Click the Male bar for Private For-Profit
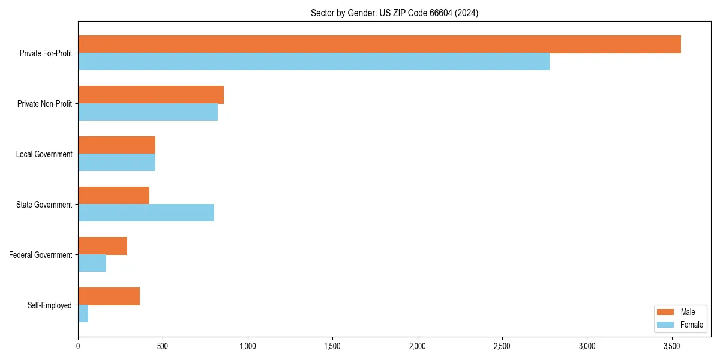(379, 44)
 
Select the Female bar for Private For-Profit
(314, 62)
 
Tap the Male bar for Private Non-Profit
(151, 95)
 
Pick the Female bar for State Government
(146, 213)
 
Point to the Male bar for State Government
(113, 196)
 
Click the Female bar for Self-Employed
(83, 314)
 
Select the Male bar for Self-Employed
(109, 296)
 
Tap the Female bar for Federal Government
(92, 263)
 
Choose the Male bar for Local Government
(116, 145)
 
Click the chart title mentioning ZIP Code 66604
(394, 13)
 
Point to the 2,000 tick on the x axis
(417, 346)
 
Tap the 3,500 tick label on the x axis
(671, 346)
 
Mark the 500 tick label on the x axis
(163, 346)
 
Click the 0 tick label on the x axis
(78, 346)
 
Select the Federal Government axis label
(41, 255)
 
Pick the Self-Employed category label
(50, 305)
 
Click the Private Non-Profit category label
(44, 104)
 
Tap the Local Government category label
(44, 154)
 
